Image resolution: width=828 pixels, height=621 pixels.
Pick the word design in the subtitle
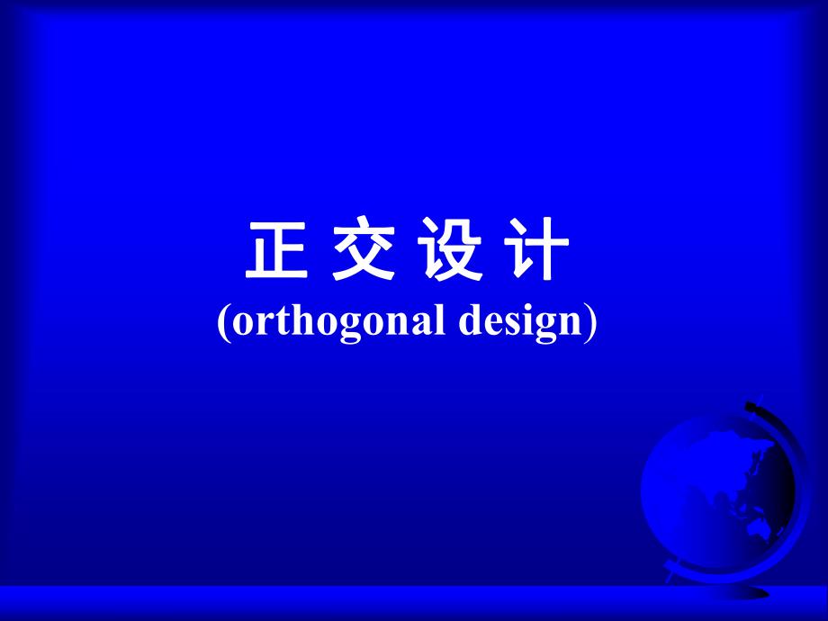point(518,322)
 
